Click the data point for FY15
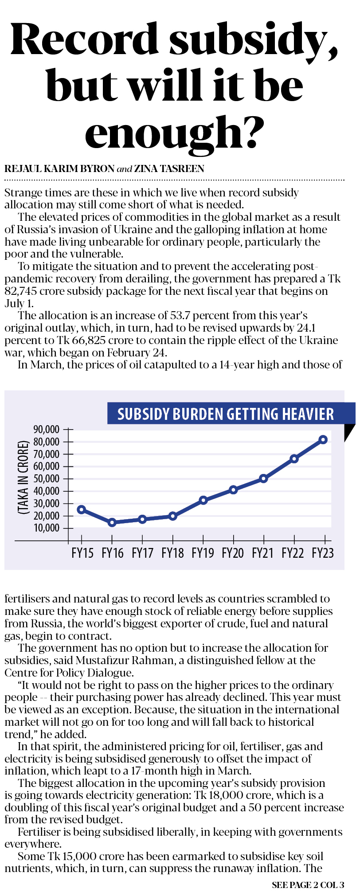(81, 509)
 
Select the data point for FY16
(112, 522)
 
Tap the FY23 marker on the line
(323, 440)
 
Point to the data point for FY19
(203, 500)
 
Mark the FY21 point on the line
(264, 478)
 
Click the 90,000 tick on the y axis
(46, 430)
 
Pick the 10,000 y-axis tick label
(46, 528)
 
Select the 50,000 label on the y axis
(46, 479)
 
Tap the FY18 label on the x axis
(172, 553)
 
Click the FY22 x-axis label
(293, 553)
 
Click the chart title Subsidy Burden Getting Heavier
(225, 414)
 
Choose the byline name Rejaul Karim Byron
(59, 169)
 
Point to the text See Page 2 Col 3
(308, 885)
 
